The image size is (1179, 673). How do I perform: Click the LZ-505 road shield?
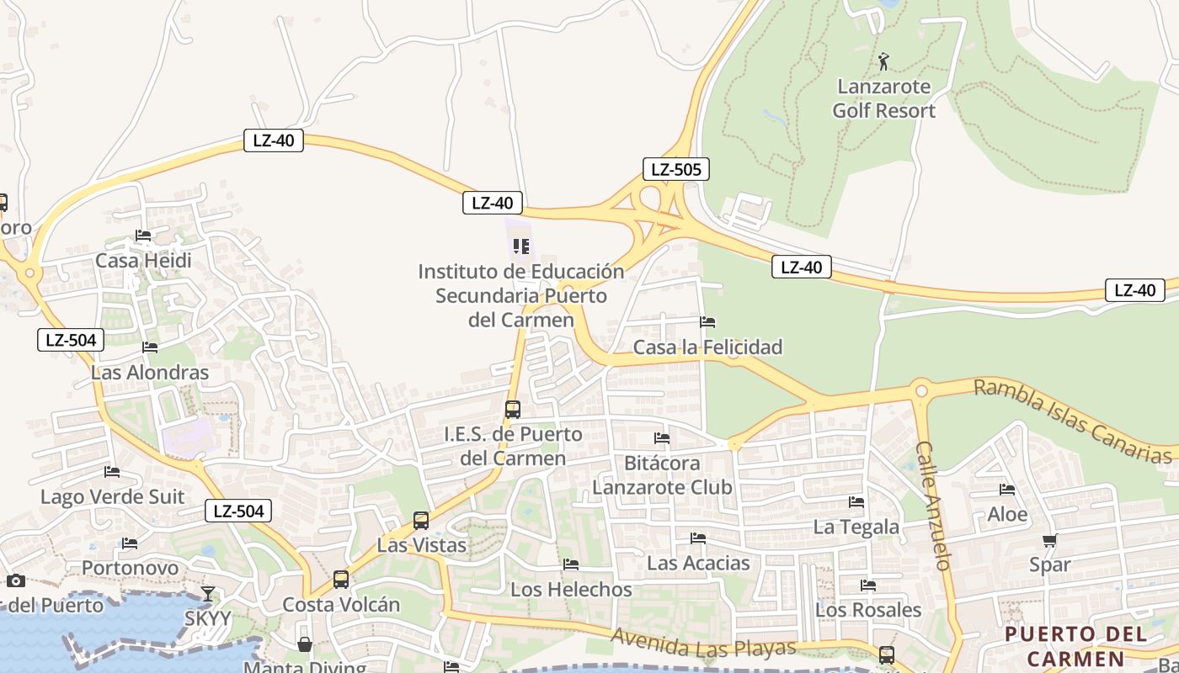[x=675, y=169]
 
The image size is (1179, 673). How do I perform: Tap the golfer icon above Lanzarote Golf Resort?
[x=883, y=61]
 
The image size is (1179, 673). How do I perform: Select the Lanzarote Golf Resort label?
[x=883, y=98]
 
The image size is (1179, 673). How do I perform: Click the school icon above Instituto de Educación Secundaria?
[x=521, y=246]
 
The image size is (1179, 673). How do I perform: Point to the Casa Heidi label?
[x=143, y=261]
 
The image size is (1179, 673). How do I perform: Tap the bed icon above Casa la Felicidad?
[x=707, y=322]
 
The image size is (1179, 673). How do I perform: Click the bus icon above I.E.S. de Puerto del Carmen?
[x=512, y=410]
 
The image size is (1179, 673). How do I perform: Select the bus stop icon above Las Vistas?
[x=421, y=521]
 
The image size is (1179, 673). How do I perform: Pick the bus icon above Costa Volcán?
[x=341, y=580]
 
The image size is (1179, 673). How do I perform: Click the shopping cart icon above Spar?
[x=1049, y=540]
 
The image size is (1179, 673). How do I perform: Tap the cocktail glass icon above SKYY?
[x=208, y=594]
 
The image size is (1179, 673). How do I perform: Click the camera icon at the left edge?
[x=16, y=580]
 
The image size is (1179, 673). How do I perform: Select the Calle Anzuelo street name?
[x=934, y=506]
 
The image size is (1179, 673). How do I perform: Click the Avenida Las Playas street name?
[x=703, y=644]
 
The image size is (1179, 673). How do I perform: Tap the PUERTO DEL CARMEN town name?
[x=1075, y=646]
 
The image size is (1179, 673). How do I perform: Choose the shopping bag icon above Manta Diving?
[x=305, y=644]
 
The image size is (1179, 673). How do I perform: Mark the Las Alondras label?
[x=150, y=373]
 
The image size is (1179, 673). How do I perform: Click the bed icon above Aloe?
[x=1007, y=490]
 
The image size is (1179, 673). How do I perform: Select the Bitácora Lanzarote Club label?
[x=662, y=475]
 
